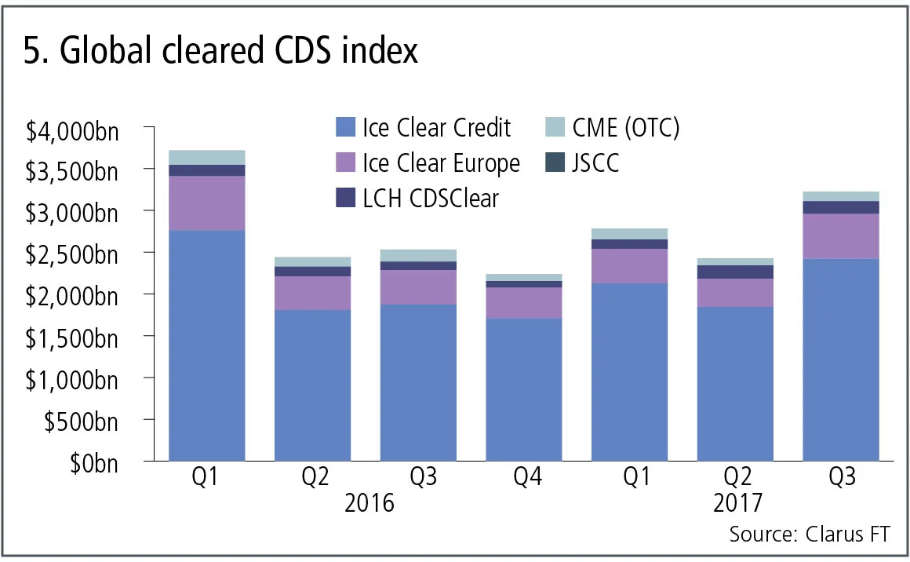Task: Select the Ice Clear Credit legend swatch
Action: (345, 127)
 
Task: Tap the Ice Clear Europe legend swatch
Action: (345, 163)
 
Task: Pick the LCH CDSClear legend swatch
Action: (345, 199)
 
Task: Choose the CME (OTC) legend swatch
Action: (554, 127)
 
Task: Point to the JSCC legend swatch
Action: (554, 163)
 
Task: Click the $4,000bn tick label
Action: (72, 130)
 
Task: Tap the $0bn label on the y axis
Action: (93, 463)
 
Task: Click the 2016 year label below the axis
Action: (369, 502)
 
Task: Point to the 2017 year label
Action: (737, 502)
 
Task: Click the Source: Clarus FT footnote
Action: (810, 535)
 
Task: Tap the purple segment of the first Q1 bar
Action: (207, 203)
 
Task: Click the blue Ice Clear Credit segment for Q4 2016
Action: (524, 389)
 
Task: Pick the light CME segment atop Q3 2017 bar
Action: (841, 196)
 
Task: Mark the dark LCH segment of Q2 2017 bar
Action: (736, 272)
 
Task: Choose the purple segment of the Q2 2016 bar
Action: (312, 293)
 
